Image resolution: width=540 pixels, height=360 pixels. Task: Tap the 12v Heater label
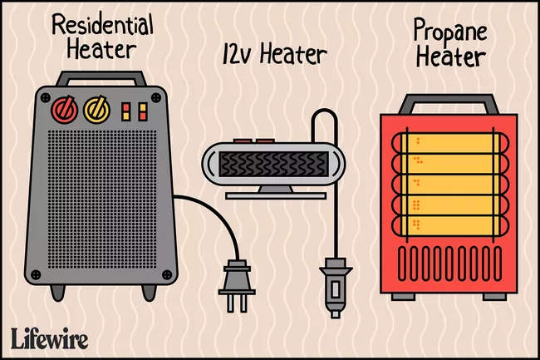click(273, 57)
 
